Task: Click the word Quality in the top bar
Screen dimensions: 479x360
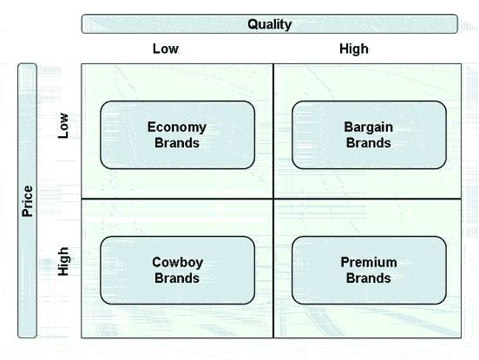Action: click(269, 24)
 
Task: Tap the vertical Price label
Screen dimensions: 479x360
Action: click(28, 201)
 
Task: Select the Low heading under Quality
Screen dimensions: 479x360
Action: click(166, 49)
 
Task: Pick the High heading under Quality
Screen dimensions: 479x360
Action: click(354, 49)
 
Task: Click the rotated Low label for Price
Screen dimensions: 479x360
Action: click(63, 126)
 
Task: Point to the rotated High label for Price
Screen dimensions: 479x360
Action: click(63, 261)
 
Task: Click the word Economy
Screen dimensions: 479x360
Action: click(177, 128)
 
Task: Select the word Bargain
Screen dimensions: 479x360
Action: click(369, 128)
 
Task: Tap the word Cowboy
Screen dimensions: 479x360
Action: click(178, 263)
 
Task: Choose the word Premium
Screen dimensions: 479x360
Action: click(369, 262)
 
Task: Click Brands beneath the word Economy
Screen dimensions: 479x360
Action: click(177, 143)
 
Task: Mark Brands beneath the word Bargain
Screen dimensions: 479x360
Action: click(369, 143)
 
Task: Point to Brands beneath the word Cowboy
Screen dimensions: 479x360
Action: click(177, 278)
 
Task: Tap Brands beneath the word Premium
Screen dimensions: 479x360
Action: click(369, 278)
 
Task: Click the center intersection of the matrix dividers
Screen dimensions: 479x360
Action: click(273, 199)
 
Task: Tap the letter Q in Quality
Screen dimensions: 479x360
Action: click(253, 24)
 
